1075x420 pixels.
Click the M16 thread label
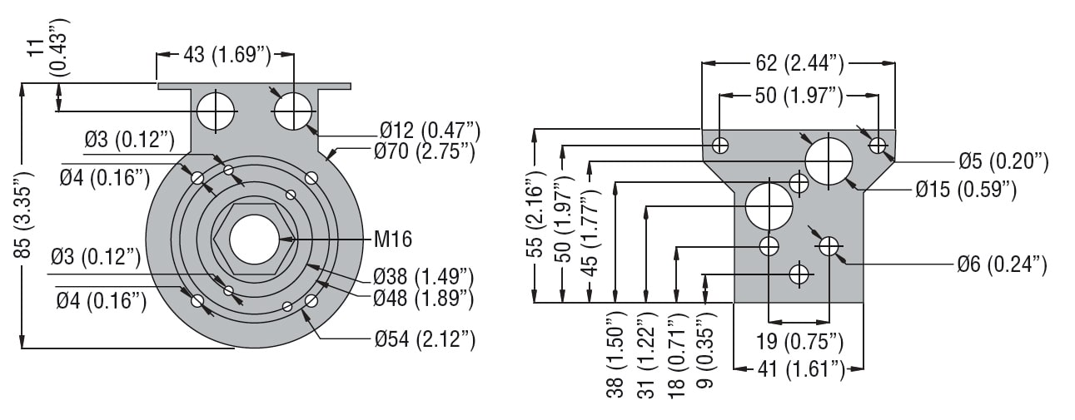click(393, 240)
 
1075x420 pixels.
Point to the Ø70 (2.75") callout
click(425, 151)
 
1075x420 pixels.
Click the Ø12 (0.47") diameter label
click(430, 130)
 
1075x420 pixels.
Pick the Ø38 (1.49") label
click(423, 275)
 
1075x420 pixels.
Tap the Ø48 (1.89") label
click(423, 296)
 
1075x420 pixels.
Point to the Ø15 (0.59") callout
click(966, 190)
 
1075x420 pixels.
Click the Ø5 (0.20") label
click(1003, 161)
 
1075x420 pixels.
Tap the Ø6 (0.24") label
click(1001, 264)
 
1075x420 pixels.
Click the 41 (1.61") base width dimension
click(800, 368)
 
